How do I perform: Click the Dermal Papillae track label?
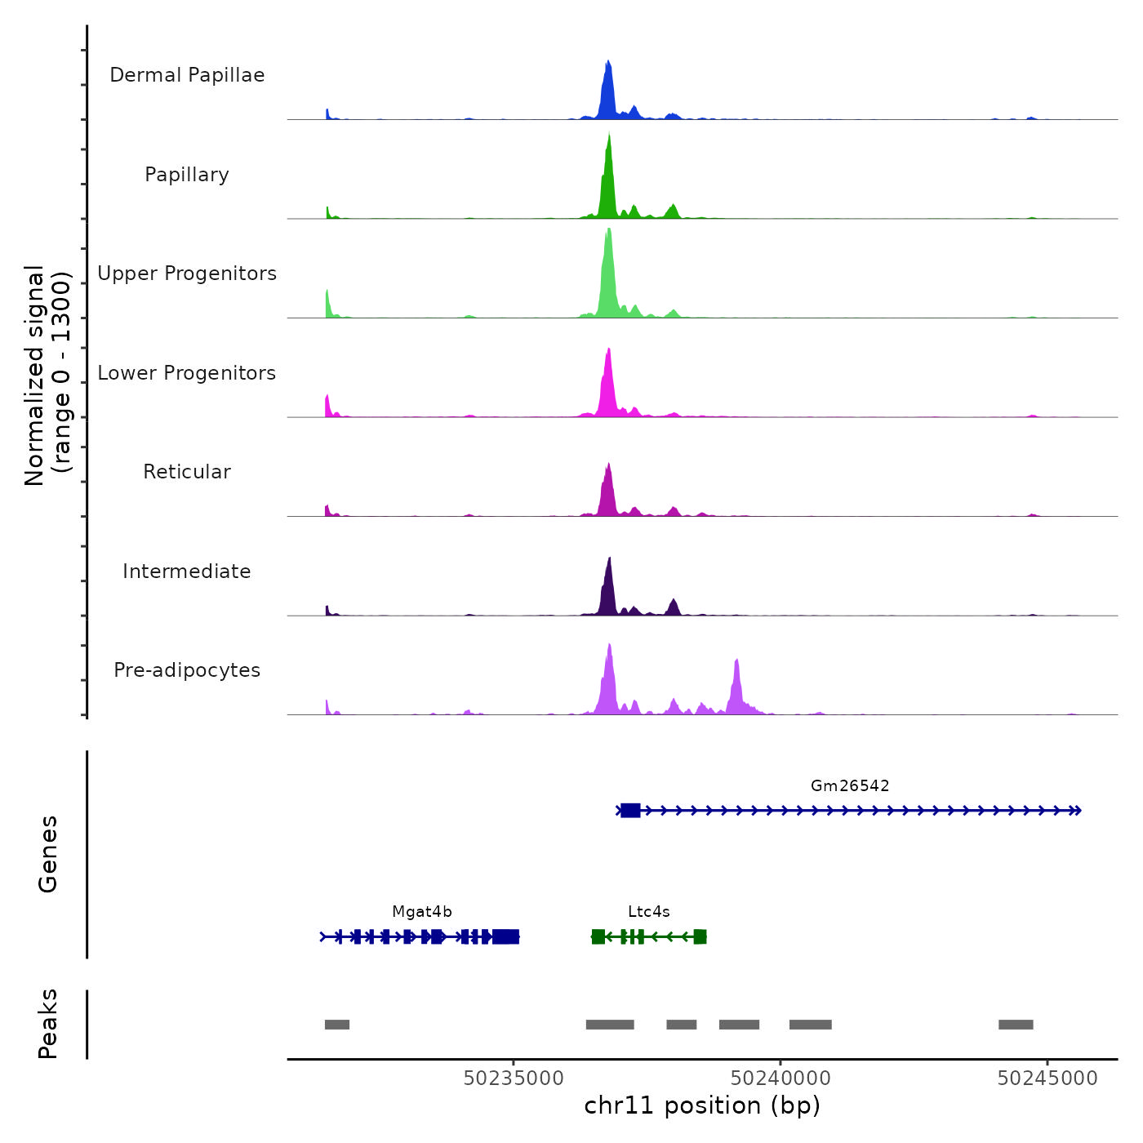pos(187,75)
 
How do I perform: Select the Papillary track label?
pos(187,175)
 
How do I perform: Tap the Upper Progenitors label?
pos(187,274)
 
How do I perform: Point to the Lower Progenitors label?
pos(187,373)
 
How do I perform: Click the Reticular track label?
pos(187,472)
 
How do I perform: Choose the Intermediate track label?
pos(187,571)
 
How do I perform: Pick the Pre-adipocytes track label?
pos(187,670)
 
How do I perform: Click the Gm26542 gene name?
pos(850,785)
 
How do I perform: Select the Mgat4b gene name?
pos(422,912)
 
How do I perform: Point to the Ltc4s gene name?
pos(649,912)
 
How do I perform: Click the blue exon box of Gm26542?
pos(630,810)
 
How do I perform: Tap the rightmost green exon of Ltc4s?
pos(700,936)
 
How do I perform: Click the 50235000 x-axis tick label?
pos(514,1079)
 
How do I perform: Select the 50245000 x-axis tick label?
pos(1047,1079)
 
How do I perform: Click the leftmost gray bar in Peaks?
pos(337,1025)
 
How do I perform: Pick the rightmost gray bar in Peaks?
pos(1016,1025)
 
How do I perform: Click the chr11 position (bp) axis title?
pos(702,1105)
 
